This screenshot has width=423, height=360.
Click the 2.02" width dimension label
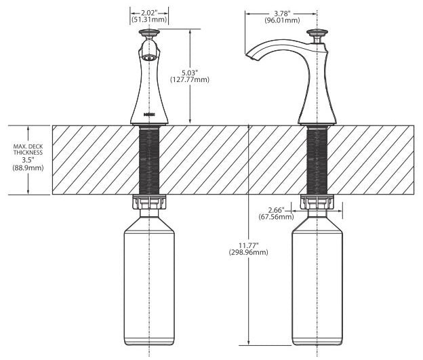point(149,13)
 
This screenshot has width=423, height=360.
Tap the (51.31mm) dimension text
point(149,20)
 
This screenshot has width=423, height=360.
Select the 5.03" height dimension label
point(190,73)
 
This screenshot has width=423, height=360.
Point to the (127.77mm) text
point(190,79)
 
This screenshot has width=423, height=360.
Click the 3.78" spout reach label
point(282,14)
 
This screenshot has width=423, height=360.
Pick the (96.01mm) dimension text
point(282,20)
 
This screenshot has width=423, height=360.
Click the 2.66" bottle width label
point(276,210)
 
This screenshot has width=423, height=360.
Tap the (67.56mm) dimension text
point(276,217)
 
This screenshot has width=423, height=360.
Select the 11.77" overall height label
point(249,245)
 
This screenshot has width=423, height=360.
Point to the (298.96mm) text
point(249,252)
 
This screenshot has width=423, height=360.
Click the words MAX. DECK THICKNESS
point(28,150)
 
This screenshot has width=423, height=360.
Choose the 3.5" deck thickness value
point(28,160)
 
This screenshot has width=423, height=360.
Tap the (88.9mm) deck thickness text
point(28,168)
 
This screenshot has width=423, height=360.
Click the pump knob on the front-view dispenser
point(149,33)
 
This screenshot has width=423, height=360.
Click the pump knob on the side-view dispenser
point(317,33)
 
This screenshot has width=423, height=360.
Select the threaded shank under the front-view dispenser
point(149,161)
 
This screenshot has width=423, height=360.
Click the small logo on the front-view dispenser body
point(149,115)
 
